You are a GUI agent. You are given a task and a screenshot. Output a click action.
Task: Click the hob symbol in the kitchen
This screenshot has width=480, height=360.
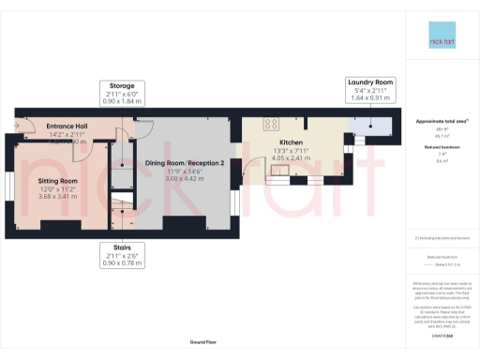coord(272,123)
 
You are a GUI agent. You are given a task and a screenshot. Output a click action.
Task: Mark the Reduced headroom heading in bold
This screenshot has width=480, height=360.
coord(441,146)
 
